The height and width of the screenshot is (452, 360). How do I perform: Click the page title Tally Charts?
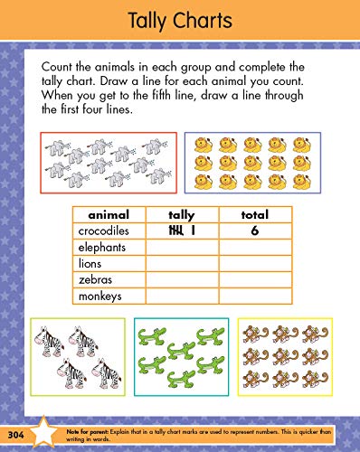click(x=179, y=21)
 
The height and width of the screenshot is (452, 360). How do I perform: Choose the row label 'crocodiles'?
click(x=103, y=231)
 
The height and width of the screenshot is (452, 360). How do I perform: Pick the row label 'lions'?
click(x=90, y=263)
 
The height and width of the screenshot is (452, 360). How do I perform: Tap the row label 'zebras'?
click(x=94, y=279)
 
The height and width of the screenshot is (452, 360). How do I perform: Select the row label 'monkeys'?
click(x=99, y=296)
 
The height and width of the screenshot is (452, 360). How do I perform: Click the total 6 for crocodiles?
click(x=256, y=231)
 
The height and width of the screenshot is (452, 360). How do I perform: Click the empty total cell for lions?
click(x=256, y=263)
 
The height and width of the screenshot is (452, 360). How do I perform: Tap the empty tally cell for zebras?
click(x=182, y=279)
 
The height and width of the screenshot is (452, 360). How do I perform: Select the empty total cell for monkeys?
click(x=256, y=296)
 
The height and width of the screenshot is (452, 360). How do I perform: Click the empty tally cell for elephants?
click(x=182, y=247)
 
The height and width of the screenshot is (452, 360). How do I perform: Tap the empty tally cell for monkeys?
click(x=182, y=296)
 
